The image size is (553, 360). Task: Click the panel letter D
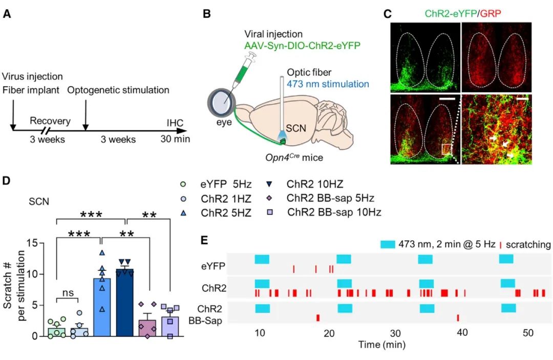click(7, 181)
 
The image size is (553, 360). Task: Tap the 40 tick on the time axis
click(462, 331)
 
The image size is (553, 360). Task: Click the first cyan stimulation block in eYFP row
click(262, 259)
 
